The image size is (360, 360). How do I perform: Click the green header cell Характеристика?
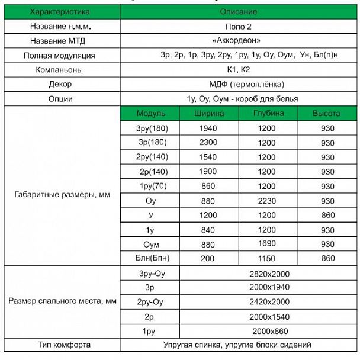pos(60,11)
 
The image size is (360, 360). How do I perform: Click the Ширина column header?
pos(209,113)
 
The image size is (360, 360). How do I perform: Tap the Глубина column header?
pos(268,113)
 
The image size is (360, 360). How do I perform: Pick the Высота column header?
pos(327,113)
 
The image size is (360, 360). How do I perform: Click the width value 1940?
pos(209,128)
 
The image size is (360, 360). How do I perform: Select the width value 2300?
pos(209,143)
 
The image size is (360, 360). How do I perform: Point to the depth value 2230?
pos(268,200)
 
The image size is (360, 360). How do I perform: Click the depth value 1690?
pos(268,243)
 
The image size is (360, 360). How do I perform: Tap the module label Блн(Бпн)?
pos(150,258)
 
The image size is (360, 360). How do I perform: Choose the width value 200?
pos(209,258)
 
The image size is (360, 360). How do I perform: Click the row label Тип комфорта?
pos(60,345)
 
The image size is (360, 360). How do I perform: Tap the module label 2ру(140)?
pos(150,157)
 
